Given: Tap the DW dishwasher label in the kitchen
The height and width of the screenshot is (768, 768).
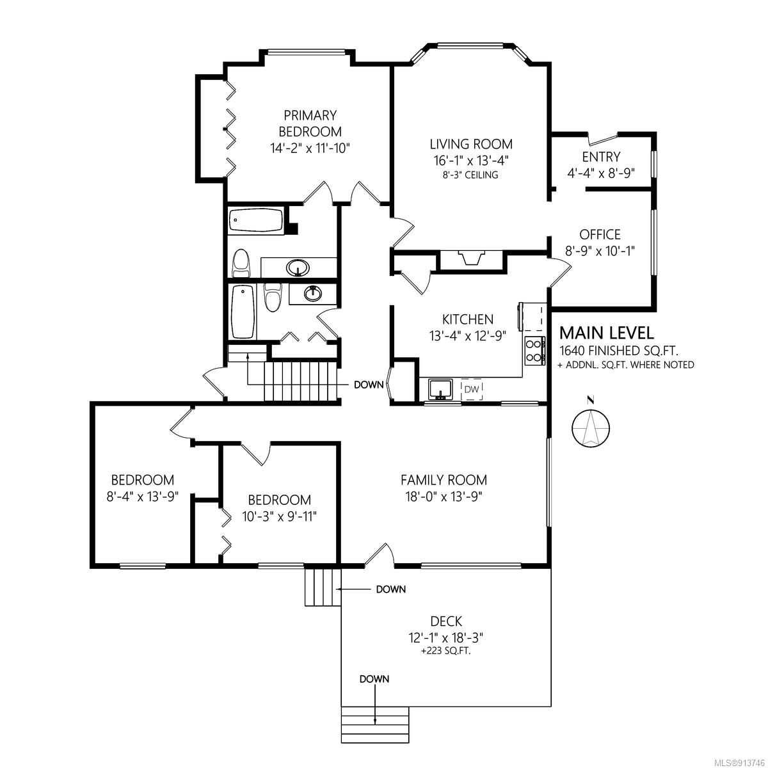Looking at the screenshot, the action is click(472, 388).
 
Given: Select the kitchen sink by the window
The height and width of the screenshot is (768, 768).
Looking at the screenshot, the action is click(440, 389).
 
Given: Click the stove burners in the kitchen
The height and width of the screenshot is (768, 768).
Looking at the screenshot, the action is click(535, 351).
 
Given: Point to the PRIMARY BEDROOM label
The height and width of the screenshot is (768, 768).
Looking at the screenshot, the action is click(310, 123).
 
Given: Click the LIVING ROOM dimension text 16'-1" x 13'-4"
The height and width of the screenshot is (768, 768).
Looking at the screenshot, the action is click(472, 161).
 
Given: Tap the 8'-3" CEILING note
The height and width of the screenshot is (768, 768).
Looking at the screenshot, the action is click(470, 175).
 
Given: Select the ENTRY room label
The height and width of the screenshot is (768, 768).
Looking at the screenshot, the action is click(601, 157).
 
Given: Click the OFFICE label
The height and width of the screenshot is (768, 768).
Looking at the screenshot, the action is click(600, 234).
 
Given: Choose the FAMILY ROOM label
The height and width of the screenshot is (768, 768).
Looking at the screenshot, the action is click(444, 480).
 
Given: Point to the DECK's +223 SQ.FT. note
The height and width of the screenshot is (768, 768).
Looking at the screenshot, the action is click(446, 652).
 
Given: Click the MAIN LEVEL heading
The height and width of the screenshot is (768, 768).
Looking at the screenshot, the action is click(607, 332).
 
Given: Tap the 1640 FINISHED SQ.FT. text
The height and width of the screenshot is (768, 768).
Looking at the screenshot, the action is click(619, 351).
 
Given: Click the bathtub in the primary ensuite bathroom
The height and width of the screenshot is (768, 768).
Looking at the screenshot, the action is click(257, 220).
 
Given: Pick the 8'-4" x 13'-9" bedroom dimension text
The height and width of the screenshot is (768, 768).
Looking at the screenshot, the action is click(142, 497).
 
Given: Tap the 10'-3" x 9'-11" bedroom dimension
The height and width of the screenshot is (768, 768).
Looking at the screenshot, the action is click(280, 516).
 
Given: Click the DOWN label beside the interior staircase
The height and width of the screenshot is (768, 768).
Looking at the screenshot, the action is click(369, 385).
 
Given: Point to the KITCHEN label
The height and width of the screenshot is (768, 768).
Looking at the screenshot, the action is click(467, 319).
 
